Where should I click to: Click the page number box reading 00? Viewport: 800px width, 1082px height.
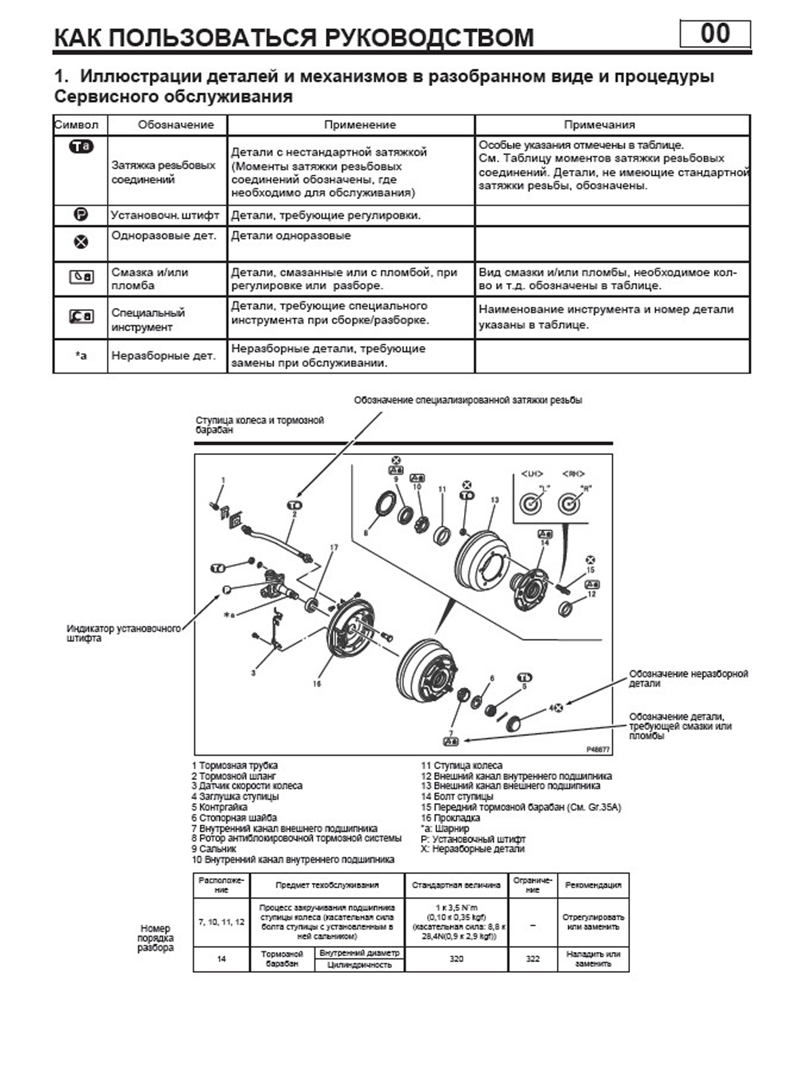(x=715, y=34)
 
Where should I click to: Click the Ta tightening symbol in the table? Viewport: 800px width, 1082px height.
(x=81, y=146)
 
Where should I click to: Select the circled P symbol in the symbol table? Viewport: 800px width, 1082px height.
(x=81, y=215)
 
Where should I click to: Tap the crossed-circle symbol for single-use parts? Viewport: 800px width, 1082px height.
(x=81, y=242)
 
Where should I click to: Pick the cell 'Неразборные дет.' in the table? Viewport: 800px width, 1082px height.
(x=163, y=355)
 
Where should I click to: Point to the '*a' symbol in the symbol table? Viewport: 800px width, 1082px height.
(x=81, y=355)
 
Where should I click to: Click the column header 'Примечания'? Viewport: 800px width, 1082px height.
(x=599, y=125)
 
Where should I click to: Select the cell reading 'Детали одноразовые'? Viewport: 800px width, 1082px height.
(x=291, y=236)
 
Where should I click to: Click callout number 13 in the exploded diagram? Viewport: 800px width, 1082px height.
(x=494, y=500)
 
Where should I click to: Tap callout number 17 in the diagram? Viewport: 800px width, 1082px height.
(x=333, y=547)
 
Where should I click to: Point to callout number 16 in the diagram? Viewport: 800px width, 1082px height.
(x=316, y=684)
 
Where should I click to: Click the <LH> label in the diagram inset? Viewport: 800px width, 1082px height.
(x=532, y=474)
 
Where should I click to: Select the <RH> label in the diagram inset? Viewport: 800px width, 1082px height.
(x=572, y=474)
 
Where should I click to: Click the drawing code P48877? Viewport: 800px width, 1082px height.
(x=599, y=750)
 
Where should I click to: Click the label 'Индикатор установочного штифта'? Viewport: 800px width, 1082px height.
(x=124, y=633)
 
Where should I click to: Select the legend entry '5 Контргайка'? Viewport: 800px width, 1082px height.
(x=219, y=807)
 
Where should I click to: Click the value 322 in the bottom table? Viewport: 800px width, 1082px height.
(x=533, y=959)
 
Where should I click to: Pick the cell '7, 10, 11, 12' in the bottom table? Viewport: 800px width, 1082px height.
(x=222, y=922)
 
